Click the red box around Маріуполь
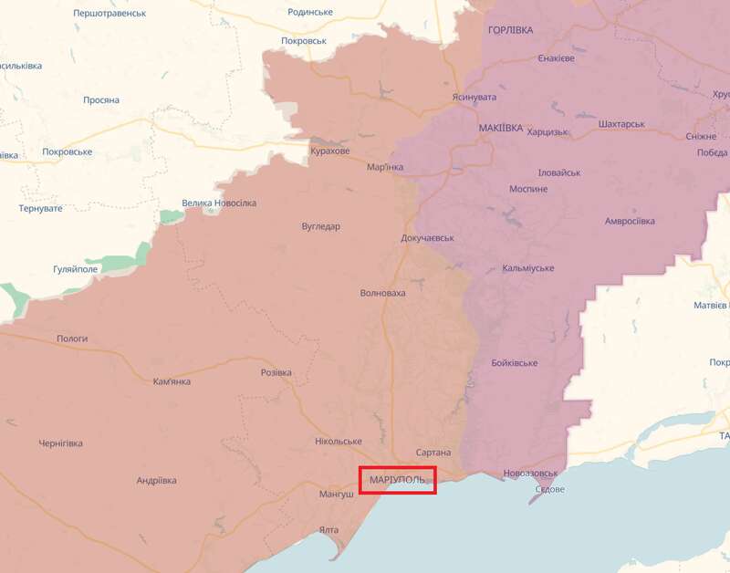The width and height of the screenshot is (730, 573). tap(398, 480)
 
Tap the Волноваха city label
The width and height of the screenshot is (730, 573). tap(383, 293)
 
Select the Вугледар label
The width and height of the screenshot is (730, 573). tap(320, 226)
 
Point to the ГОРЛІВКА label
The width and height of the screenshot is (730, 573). tap(511, 30)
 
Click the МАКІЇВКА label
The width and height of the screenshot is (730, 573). tap(500, 129)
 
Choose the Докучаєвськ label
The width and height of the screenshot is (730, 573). tap(427, 238)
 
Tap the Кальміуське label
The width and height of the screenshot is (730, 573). tap(527, 268)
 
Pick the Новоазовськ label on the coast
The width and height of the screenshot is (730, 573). tap(530, 474)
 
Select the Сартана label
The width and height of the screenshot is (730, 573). tap(433, 453)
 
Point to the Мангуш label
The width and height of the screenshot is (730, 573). tap(336, 495)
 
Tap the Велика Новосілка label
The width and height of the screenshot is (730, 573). tap(219, 203)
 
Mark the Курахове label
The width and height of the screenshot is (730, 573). tap(329, 151)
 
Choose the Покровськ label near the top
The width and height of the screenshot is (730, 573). tap(303, 41)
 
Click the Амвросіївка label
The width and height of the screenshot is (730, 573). tap(630, 222)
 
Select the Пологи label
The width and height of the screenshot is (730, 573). tap(72, 339)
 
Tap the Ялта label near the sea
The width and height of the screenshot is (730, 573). tap(329, 530)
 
